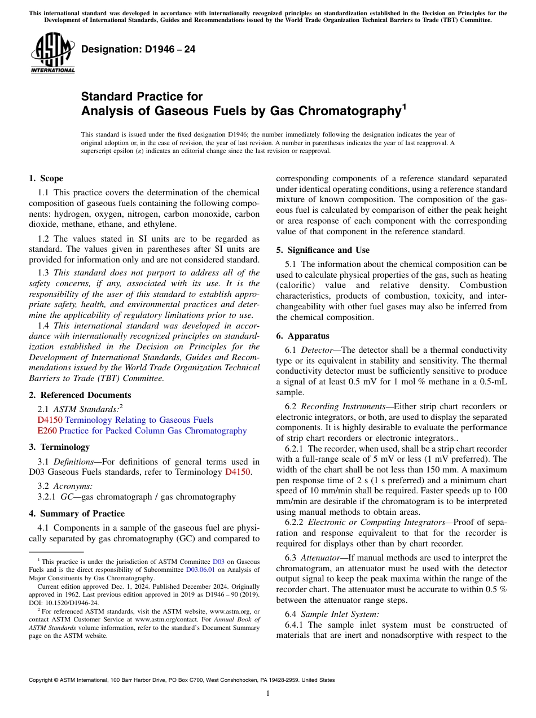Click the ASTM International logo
(x=52, y=54)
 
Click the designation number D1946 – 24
(x=138, y=49)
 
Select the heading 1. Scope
(x=46, y=178)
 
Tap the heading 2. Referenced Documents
(x=80, y=395)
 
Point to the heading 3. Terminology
(x=59, y=447)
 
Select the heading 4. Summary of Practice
(x=77, y=514)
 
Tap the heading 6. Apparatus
(x=302, y=336)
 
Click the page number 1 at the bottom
(x=268, y=694)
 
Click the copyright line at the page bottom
(x=181, y=680)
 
